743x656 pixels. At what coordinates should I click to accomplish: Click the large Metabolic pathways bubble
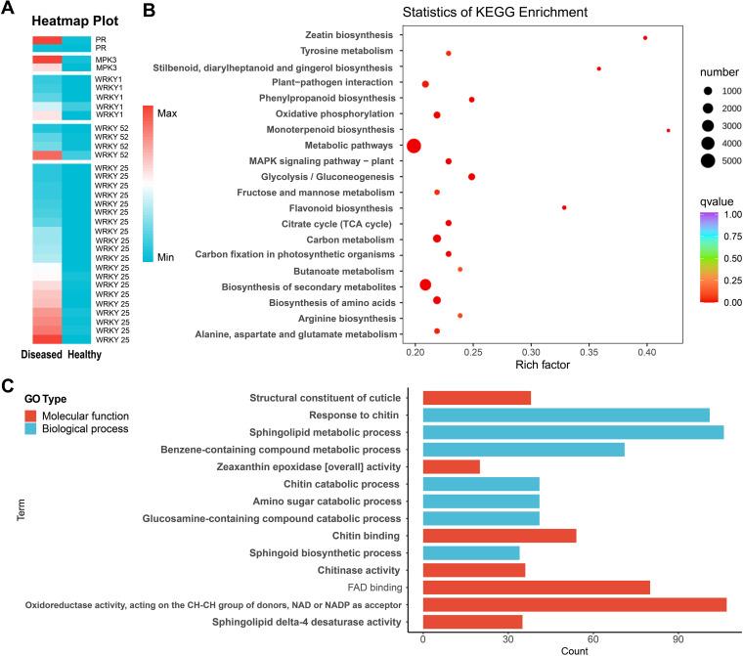(x=414, y=146)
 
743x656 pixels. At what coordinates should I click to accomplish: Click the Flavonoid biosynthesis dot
(x=564, y=207)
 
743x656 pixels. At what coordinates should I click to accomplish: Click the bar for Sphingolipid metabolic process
(x=573, y=432)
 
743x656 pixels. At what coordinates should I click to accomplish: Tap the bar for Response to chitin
(x=566, y=415)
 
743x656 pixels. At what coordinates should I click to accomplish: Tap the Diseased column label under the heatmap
(x=39, y=355)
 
